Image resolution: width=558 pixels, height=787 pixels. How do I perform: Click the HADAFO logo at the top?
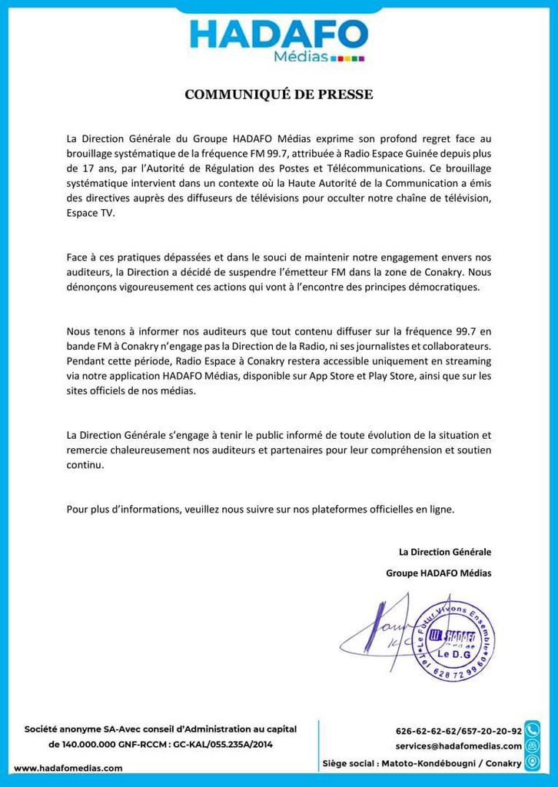(x=279, y=39)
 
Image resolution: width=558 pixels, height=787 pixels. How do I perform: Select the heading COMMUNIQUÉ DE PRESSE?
(x=279, y=95)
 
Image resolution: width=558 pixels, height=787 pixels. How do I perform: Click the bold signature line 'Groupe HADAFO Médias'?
(x=438, y=573)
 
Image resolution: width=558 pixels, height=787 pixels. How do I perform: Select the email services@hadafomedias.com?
(x=458, y=746)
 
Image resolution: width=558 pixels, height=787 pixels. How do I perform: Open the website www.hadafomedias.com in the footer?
(x=68, y=768)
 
